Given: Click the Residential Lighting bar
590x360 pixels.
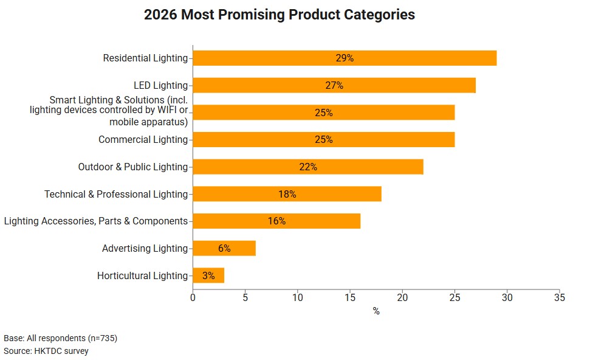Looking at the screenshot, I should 345,58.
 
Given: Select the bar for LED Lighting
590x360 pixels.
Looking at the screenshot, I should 334,85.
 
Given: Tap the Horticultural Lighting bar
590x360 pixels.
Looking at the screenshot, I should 208,275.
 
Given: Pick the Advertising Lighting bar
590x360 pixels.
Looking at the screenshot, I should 224,248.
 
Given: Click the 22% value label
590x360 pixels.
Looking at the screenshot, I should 308,167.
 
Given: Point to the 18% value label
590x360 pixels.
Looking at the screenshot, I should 287,194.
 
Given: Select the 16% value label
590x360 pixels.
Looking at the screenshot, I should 276,221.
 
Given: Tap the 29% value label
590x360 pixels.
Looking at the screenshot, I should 345,58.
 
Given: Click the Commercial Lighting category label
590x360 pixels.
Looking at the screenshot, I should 143,140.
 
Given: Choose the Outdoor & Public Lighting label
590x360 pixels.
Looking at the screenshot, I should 132,167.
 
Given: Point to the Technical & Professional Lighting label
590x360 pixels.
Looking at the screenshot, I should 115,194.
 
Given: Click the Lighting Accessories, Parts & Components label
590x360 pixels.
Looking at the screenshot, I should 95,221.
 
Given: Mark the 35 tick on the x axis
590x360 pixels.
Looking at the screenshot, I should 559,297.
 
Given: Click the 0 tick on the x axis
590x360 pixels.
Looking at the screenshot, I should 193,297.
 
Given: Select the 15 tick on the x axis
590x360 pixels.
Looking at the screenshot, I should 350,297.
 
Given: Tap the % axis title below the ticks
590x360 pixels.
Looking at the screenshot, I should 376,311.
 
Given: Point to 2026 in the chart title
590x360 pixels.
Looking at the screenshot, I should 160,15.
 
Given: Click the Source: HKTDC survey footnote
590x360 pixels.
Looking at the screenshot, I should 46,351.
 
